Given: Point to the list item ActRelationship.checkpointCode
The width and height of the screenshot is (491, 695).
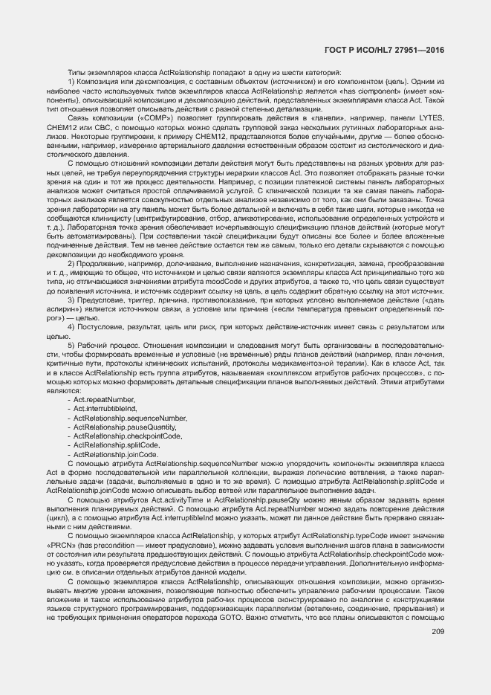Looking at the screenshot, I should coord(128,436).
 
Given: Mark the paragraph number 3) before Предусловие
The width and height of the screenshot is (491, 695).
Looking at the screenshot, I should coord(71,300).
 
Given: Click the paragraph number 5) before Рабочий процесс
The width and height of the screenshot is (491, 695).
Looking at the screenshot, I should coord(71,346).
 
